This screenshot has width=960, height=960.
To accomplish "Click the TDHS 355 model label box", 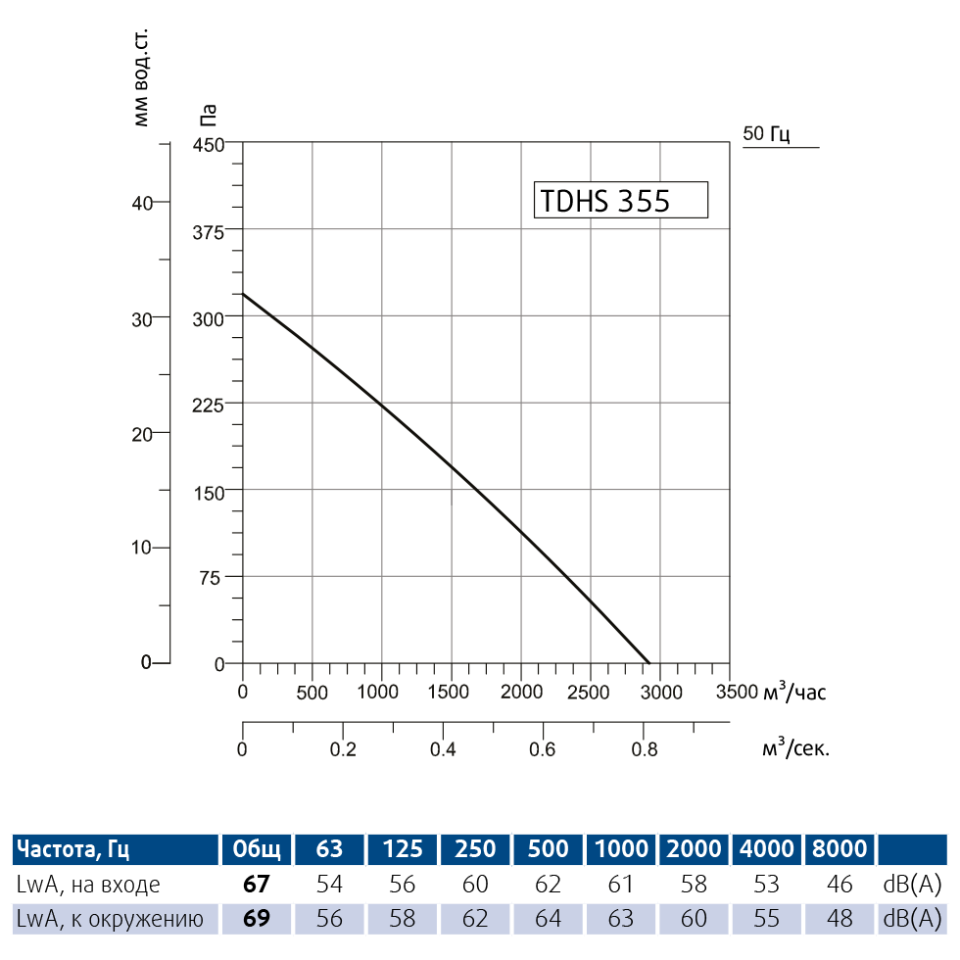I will [619, 200].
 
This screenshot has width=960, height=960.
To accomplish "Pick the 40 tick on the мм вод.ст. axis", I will [143, 202].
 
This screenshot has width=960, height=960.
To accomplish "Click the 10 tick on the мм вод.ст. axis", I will [143, 548].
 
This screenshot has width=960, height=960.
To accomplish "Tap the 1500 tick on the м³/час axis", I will [452, 692].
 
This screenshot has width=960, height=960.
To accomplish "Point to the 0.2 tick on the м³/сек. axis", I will [342, 749].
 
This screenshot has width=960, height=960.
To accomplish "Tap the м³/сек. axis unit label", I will [795, 749].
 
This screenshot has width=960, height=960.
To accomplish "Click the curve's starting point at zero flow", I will [243, 294].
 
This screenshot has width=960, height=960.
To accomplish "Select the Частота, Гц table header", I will [72, 848].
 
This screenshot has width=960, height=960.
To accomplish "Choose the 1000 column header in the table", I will [621, 848].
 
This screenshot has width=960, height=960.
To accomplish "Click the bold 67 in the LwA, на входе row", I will [256, 885].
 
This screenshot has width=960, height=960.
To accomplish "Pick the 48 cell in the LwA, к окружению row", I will [840, 919].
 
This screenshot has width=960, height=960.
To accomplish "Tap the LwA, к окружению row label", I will [110, 919].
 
